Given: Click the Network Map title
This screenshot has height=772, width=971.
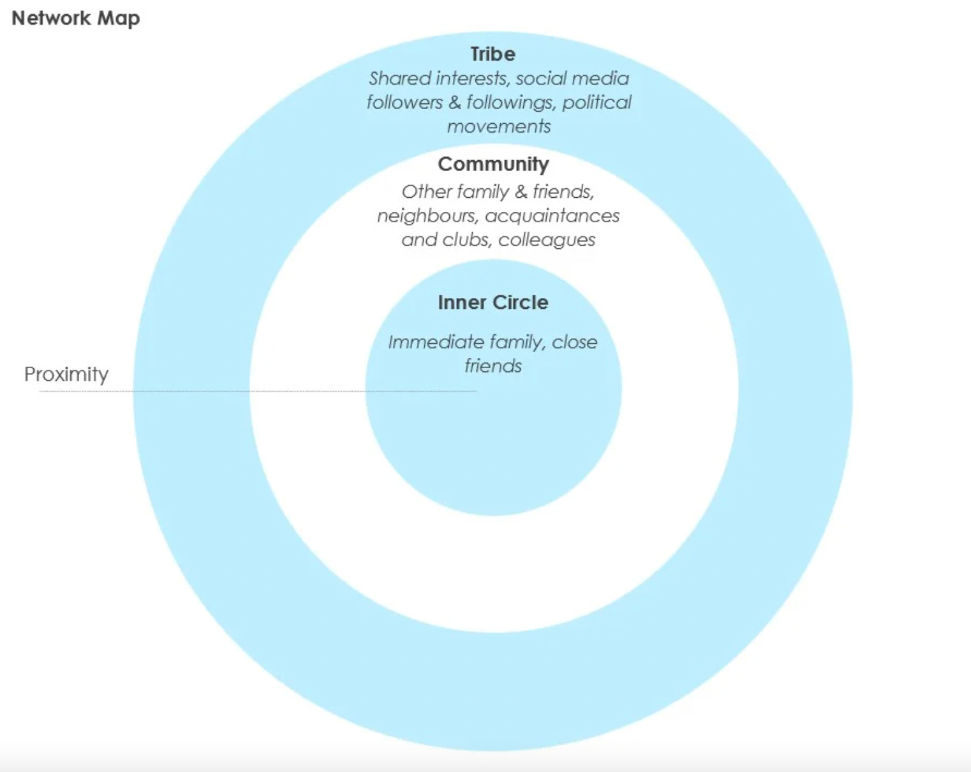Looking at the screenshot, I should (x=75, y=19).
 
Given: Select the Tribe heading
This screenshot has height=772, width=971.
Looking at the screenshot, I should (x=493, y=54).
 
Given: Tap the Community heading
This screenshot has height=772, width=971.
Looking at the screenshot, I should (x=493, y=165).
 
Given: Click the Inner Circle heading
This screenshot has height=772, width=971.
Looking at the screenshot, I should (x=493, y=302).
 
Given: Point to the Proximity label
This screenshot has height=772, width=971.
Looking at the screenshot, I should (x=66, y=374).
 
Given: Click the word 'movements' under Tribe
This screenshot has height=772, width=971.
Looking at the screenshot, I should (x=499, y=126).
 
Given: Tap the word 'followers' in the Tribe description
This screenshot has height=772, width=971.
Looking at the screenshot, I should (x=404, y=103).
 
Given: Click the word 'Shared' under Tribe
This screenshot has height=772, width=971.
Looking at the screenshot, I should (x=400, y=78).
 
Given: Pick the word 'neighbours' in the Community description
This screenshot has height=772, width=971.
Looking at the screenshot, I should (x=427, y=216).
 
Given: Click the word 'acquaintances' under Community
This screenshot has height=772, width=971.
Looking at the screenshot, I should (x=552, y=216).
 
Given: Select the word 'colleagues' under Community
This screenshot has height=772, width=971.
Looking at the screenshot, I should (x=547, y=241).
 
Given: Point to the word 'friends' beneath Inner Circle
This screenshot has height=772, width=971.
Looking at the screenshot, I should (x=493, y=366).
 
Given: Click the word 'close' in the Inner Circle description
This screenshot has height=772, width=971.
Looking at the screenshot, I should (x=575, y=343).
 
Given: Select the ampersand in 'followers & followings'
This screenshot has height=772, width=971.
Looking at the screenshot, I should (x=455, y=103).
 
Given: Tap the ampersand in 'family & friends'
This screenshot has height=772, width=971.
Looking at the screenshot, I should (x=521, y=192).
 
